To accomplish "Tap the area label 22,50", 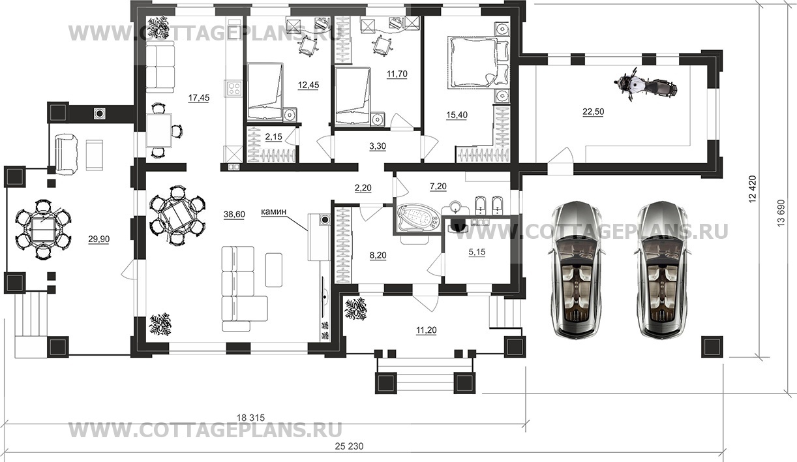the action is click(593, 112).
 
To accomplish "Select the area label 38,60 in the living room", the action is click(234, 214).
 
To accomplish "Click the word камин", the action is click(274, 212).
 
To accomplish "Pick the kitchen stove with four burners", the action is click(233, 88).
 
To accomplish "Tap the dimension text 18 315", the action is click(251, 418).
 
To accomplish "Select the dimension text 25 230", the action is click(349, 446).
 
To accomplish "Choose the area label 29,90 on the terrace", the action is click(99, 239).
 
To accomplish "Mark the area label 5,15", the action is click(477, 252).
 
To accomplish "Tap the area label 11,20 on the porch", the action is click(427, 331).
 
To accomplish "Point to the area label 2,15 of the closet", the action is click(274, 136).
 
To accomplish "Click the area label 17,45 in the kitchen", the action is click(199, 98).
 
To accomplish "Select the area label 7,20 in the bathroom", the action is click(438, 186).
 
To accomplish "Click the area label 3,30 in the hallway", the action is click(378, 146).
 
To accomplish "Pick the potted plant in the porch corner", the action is click(355, 308).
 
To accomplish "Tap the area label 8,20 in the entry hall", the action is click(378, 255).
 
